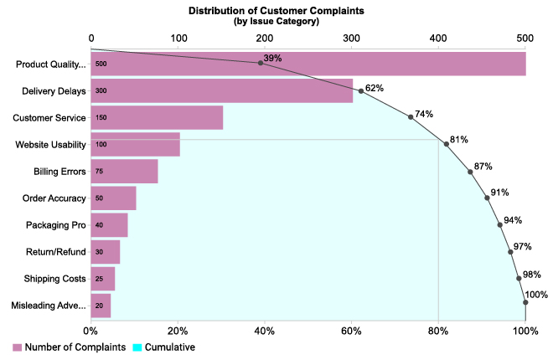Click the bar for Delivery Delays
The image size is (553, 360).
(222, 90)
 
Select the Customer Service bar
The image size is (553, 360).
(157, 117)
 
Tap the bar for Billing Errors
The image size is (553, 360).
(124, 171)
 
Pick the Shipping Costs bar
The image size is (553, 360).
(102, 278)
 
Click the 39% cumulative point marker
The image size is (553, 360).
(261, 63)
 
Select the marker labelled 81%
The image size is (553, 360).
(447, 144)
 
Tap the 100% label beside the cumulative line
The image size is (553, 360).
(536, 294)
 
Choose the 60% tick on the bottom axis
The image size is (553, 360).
(352, 331)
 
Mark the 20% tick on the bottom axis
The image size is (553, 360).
(178, 331)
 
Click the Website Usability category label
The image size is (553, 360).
(51, 145)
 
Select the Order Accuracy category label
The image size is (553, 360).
(54, 198)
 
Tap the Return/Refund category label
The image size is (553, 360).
(54, 252)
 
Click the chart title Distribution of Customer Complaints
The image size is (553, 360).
(276, 10)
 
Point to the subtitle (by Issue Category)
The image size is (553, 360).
(276, 21)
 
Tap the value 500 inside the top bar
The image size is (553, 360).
(101, 64)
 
